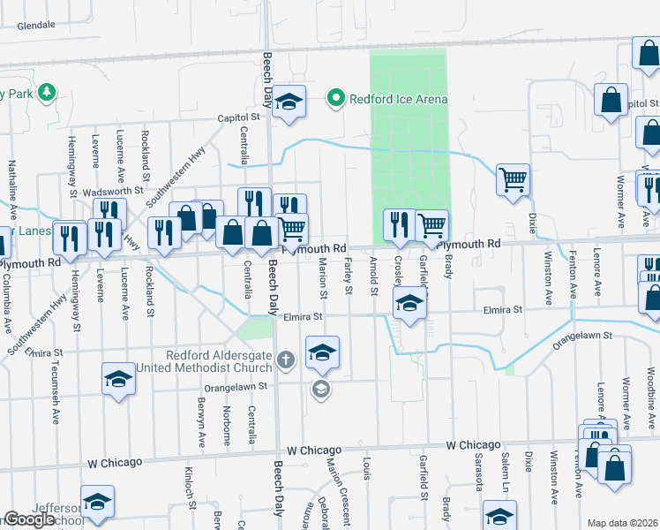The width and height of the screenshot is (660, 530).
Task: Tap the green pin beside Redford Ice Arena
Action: [335, 98]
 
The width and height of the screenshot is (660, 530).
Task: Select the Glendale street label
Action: [35, 26]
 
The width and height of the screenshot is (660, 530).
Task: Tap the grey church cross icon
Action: [284, 360]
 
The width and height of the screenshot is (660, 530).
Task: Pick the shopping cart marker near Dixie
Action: [513, 180]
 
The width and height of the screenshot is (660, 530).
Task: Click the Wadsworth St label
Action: [113, 191]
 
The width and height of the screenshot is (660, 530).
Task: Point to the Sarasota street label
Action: [478, 473]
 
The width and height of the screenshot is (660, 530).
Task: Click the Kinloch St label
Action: [189, 488]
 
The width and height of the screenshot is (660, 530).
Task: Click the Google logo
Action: [29, 519]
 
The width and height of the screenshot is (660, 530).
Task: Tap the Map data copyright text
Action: [622, 523]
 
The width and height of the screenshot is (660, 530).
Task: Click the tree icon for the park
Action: [43, 92]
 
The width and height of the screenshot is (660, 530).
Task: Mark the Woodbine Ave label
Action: [626, 403]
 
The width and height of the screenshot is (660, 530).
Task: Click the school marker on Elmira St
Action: [408, 304]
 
